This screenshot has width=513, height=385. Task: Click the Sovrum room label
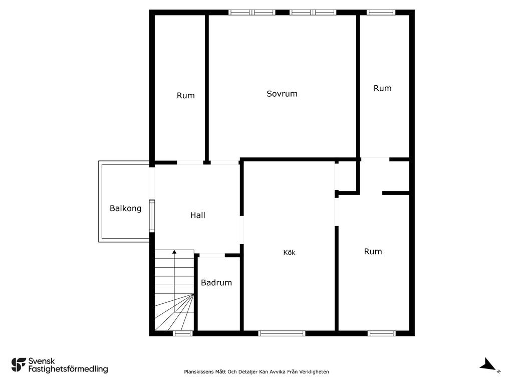[x=282, y=94]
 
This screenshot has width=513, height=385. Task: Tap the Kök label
[x=289, y=253]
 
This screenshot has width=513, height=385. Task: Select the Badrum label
[x=216, y=283]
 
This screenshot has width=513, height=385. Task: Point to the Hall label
[x=197, y=215]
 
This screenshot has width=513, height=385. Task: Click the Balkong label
[x=125, y=209]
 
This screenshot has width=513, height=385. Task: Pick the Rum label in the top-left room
[x=185, y=96]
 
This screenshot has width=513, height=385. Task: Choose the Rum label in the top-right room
[x=382, y=88]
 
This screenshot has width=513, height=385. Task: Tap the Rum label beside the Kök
[x=373, y=252]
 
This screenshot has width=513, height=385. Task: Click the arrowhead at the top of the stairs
[x=174, y=252]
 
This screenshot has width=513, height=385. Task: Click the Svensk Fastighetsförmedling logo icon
[x=19, y=365]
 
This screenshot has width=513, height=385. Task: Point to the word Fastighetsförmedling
[x=68, y=369]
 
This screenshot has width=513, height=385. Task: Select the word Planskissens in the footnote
[x=198, y=371]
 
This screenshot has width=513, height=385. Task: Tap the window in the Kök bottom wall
[x=282, y=333]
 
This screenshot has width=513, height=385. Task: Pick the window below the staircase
[x=182, y=333]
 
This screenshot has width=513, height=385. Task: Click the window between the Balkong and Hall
[x=152, y=216]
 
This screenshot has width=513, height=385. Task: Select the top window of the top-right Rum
[x=381, y=13]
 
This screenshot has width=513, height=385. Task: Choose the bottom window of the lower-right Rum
[x=381, y=333]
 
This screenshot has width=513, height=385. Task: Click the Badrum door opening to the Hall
[x=212, y=255]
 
